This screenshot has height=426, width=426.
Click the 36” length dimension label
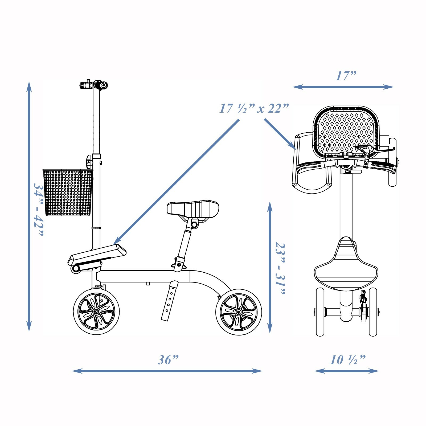[x=168, y=360]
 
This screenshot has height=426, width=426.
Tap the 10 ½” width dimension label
[x=347, y=360]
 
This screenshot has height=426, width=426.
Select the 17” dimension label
[x=346, y=76]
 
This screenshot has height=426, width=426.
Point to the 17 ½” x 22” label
[x=254, y=109]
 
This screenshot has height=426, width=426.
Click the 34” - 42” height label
[x=38, y=209]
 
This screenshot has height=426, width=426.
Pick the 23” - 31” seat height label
[x=280, y=268]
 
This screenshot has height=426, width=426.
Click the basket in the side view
[x=68, y=192]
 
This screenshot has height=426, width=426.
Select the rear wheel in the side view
[x=239, y=312]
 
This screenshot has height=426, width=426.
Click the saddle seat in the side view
[x=193, y=208]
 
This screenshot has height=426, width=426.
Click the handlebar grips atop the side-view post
[x=94, y=85]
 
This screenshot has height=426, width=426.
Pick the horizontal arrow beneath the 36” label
[x=167, y=371]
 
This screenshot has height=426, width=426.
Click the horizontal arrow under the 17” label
[x=343, y=87]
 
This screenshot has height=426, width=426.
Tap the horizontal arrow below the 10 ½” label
[x=346, y=371]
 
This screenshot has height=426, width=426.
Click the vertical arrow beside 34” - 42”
[x=29, y=206]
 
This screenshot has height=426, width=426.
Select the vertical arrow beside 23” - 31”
[x=270, y=267]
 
